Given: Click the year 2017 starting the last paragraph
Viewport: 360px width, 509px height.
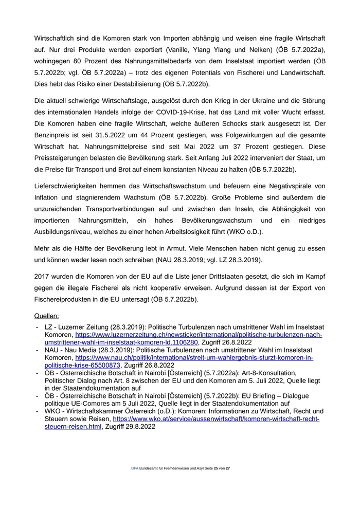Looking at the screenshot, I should pyautogui.click(x=43, y=276).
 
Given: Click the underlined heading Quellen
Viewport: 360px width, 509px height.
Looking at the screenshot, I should pyautogui.click(x=47, y=316).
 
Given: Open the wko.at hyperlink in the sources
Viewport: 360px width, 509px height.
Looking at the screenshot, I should pyautogui.click(x=216, y=419).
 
